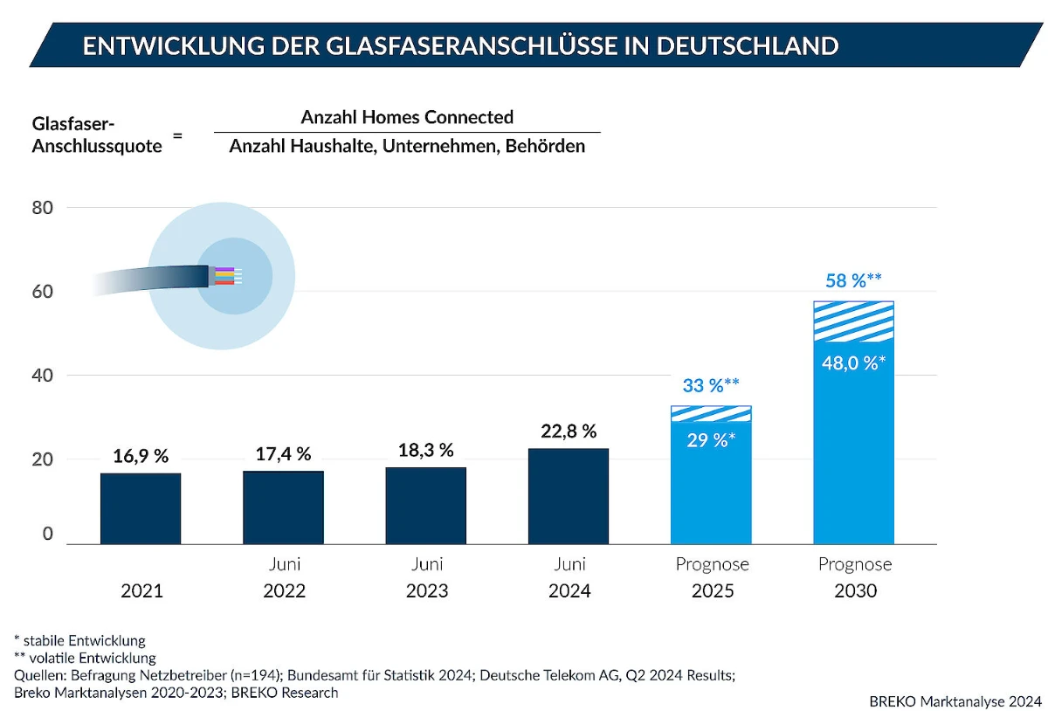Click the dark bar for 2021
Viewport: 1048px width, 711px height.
click(141, 508)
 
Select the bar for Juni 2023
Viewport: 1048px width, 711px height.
click(426, 506)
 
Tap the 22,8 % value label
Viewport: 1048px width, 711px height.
click(568, 431)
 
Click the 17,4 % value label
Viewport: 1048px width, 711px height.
click(283, 454)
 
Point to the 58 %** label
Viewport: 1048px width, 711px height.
click(853, 281)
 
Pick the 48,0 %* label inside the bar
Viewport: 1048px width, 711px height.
click(853, 362)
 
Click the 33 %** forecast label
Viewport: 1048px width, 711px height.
click(710, 386)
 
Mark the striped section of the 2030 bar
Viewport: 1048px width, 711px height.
click(853, 321)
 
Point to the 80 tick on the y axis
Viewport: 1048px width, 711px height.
click(43, 208)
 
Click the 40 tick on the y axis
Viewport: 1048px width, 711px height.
click(43, 376)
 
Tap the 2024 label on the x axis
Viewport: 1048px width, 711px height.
click(569, 591)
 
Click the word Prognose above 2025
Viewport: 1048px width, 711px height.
click(712, 564)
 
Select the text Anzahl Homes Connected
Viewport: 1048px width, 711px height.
click(407, 117)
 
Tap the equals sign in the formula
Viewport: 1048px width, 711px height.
click(177, 135)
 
